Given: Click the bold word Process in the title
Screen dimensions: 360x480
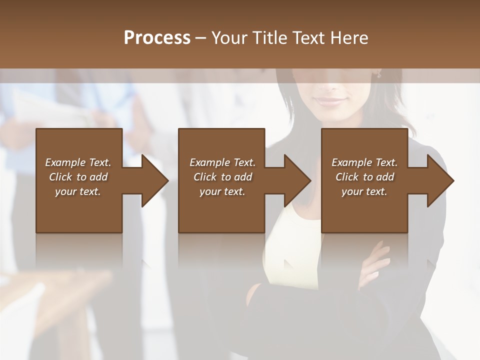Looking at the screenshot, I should (157, 38).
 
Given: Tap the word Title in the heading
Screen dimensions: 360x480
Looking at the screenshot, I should (268, 38).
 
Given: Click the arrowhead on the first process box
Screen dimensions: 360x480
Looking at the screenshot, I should (155, 180).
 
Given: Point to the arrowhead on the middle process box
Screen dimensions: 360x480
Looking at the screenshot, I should (297, 180).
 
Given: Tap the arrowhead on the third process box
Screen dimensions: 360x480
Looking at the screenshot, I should (440, 180).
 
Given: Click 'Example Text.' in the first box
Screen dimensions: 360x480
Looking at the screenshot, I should (78, 162).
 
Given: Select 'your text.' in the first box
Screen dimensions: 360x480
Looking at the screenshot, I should (78, 191).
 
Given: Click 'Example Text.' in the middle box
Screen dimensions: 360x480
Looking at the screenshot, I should (222, 162).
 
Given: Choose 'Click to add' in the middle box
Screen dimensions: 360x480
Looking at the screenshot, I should (222, 177).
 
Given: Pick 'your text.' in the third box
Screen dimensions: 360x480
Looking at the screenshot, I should (364, 191).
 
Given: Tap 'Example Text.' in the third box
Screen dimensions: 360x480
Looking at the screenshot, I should (364, 162).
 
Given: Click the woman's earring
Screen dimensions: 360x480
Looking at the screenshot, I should (379, 75).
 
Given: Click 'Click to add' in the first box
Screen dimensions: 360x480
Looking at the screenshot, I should (78, 177).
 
